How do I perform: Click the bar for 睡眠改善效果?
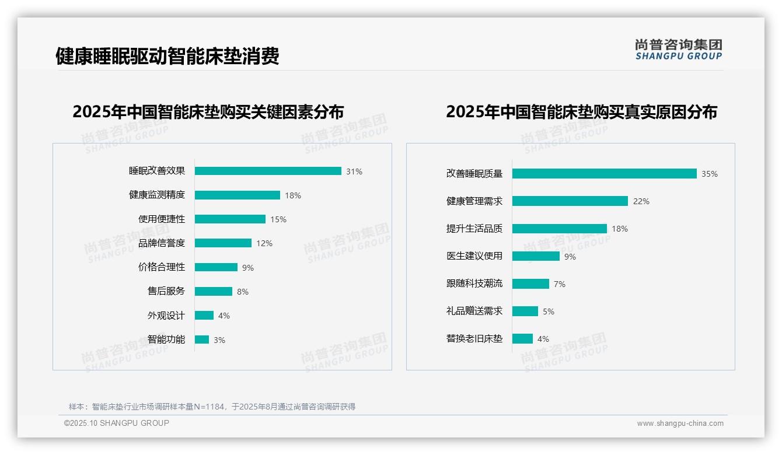(x=268, y=171)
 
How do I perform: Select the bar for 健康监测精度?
(x=238, y=195)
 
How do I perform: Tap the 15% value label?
(x=278, y=219)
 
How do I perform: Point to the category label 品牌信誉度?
(x=162, y=243)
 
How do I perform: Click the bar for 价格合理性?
(x=216, y=267)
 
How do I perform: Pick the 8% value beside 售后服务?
(x=243, y=292)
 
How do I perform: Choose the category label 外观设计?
(x=166, y=316)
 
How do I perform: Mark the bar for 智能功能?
(x=202, y=339)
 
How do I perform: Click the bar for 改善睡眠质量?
(x=605, y=174)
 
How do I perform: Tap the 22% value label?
(x=641, y=201)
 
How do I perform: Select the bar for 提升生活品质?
(x=560, y=229)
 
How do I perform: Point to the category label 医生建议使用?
(x=474, y=256)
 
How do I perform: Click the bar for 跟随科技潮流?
(x=531, y=283)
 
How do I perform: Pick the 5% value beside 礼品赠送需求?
(x=549, y=311)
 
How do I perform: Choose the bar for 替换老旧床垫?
(x=523, y=339)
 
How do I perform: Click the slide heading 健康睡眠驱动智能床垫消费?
(x=167, y=56)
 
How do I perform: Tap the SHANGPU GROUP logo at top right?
(x=679, y=50)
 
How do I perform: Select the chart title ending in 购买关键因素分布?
(x=208, y=111)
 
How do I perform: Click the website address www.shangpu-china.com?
(x=680, y=423)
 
